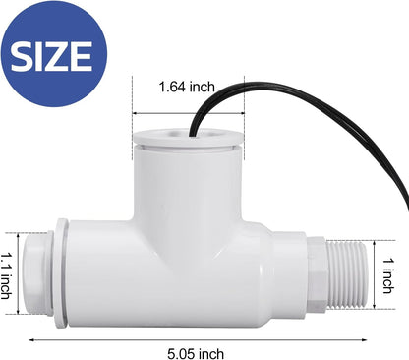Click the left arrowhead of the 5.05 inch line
27,333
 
